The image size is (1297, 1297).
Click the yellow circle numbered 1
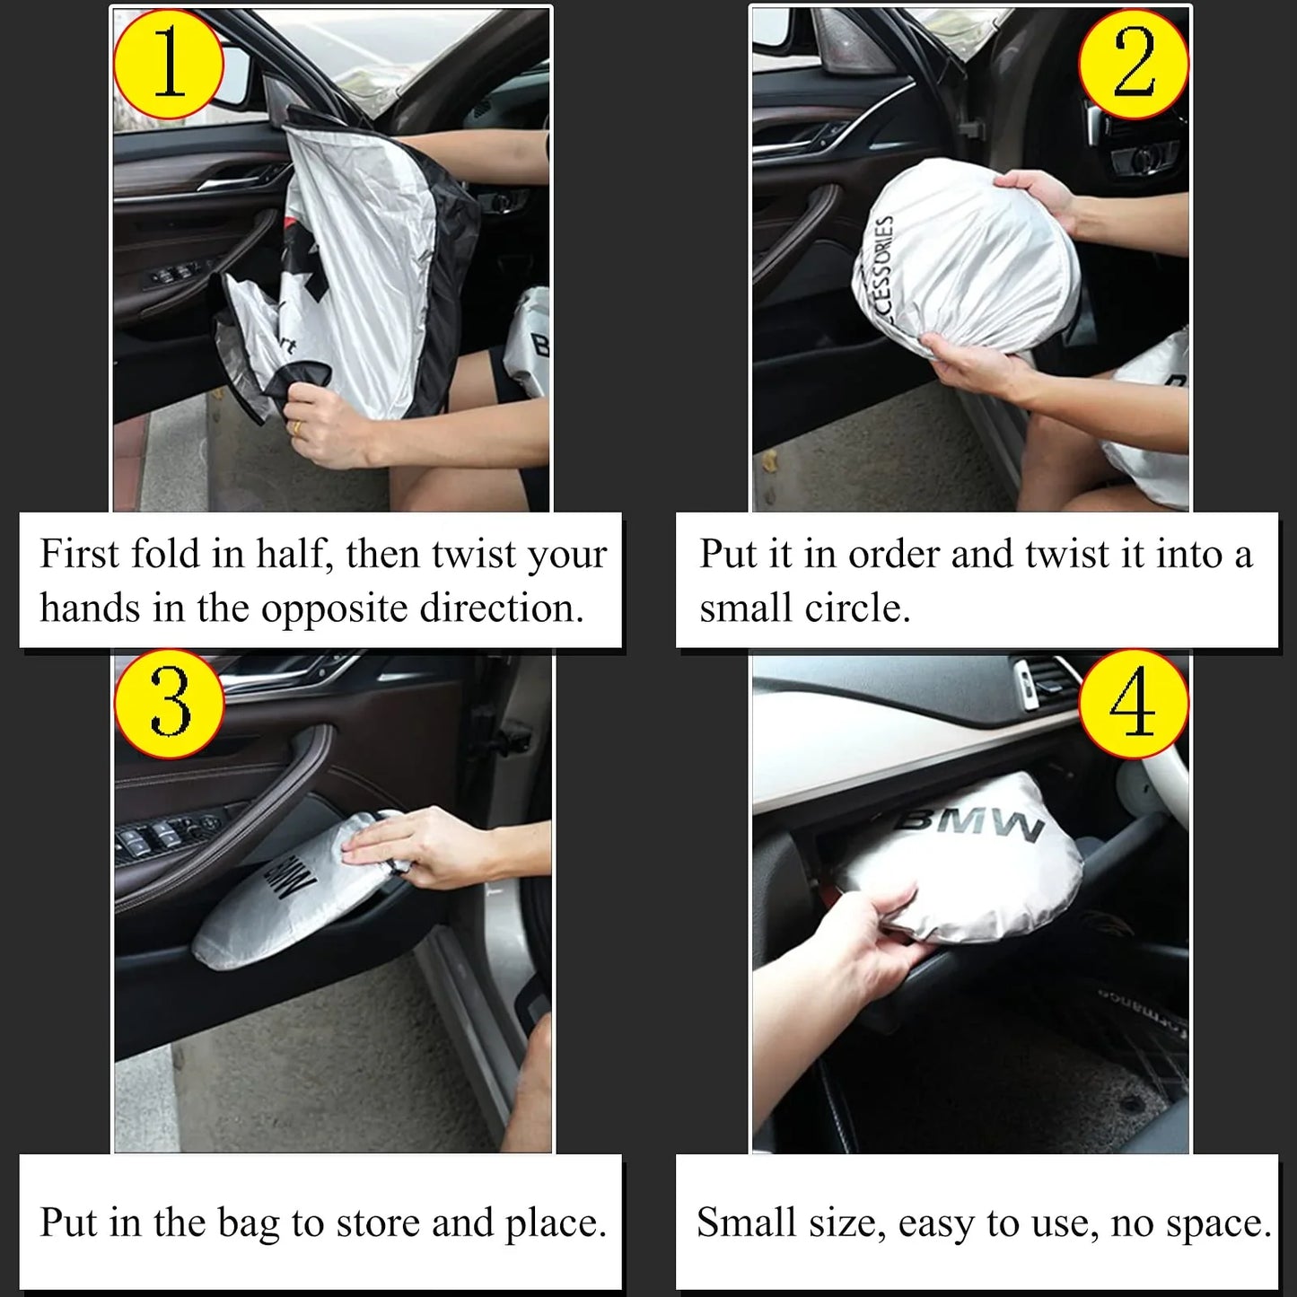[168, 64]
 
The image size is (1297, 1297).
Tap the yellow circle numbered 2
[1134, 64]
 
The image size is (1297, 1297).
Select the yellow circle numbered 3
[170, 704]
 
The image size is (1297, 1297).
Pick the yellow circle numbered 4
[1134, 704]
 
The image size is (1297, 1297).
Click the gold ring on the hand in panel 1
[296, 428]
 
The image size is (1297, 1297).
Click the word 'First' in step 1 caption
[79, 554]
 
